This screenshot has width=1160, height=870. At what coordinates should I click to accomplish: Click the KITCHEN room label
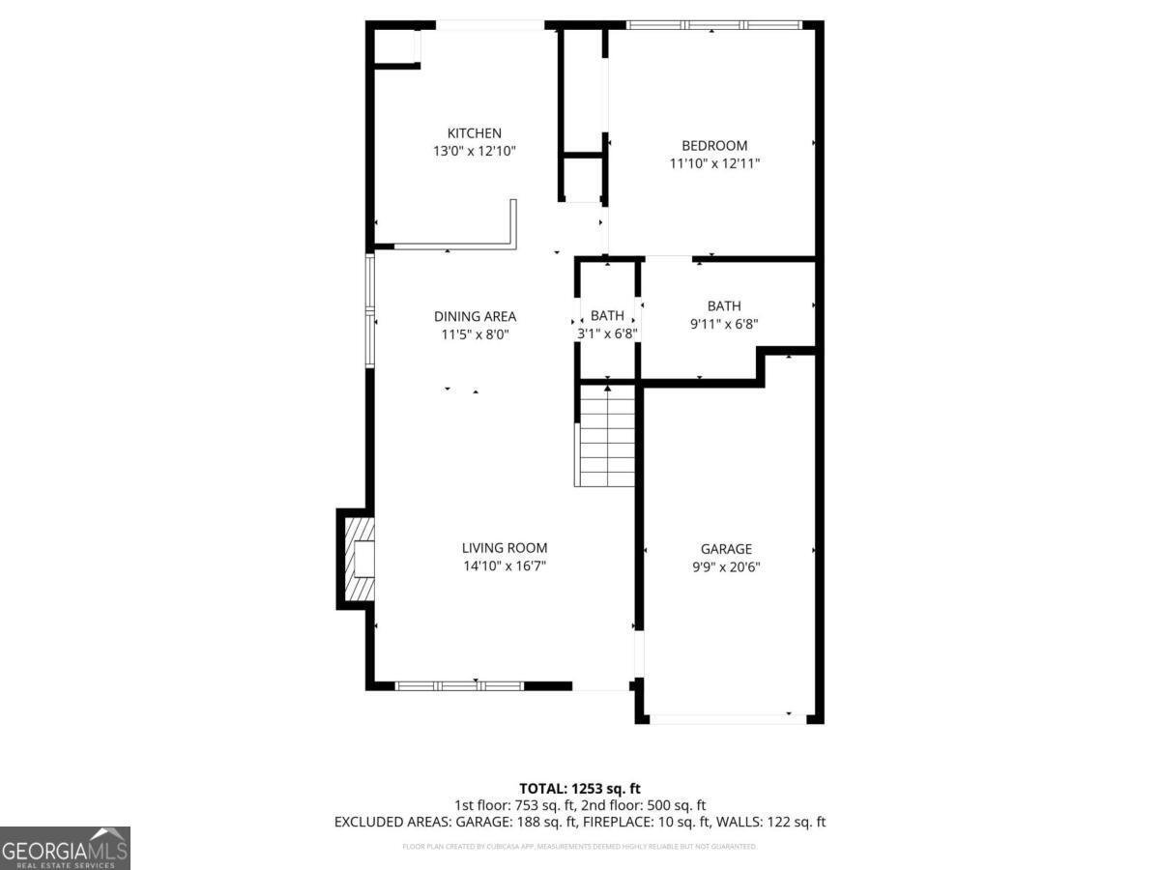pos(474,133)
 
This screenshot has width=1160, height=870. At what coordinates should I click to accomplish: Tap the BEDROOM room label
pos(714,146)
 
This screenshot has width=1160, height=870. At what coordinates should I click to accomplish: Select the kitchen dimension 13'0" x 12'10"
pos(474,151)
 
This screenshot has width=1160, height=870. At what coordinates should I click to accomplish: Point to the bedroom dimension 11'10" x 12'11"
pos(714,163)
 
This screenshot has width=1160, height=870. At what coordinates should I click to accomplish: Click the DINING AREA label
pos(474,316)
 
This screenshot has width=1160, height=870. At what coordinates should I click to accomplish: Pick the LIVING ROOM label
pos(504,548)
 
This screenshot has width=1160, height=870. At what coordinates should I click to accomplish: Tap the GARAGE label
pos(726,549)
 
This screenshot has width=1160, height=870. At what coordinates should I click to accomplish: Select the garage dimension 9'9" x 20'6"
pos(726,567)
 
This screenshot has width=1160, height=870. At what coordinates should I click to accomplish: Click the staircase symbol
pos(606,436)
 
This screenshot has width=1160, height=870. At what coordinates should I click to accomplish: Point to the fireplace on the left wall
pos(359,560)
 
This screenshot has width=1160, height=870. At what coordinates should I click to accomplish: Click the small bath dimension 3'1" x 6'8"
pos(607,333)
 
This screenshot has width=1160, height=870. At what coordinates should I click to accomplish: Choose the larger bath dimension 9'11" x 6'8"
pos(723,324)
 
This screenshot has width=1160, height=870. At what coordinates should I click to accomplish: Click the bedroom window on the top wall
pos(714,25)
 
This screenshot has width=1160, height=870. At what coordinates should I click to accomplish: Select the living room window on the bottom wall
pos(459,686)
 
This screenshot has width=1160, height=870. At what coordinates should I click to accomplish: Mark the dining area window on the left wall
pos(369,310)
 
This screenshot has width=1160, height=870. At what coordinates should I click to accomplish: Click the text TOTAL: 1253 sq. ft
pos(580,789)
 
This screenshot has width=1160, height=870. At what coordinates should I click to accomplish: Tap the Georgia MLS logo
pos(65,848)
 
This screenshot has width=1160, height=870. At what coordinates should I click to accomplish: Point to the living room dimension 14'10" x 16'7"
pos(504,565)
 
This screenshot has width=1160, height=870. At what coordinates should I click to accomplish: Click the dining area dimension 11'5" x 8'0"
pos(474,334)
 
